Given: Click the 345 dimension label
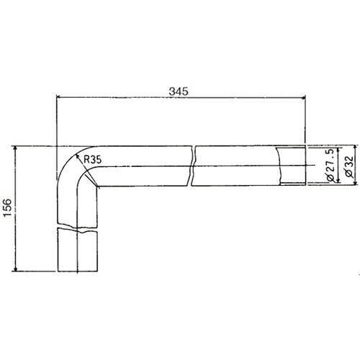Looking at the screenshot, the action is point(179,91).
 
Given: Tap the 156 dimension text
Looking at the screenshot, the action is point(7,207).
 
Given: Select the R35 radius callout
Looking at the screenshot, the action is point(93,159).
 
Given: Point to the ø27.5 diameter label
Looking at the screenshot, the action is point(330,166).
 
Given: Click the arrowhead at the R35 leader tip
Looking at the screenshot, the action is point(77,156).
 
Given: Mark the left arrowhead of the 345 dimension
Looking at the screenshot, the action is point(58,97).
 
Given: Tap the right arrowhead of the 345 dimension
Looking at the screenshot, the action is point(303,97).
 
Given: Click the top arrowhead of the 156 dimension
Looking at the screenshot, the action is point(16,148).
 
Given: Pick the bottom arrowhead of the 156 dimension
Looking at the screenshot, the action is point(16,269).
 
